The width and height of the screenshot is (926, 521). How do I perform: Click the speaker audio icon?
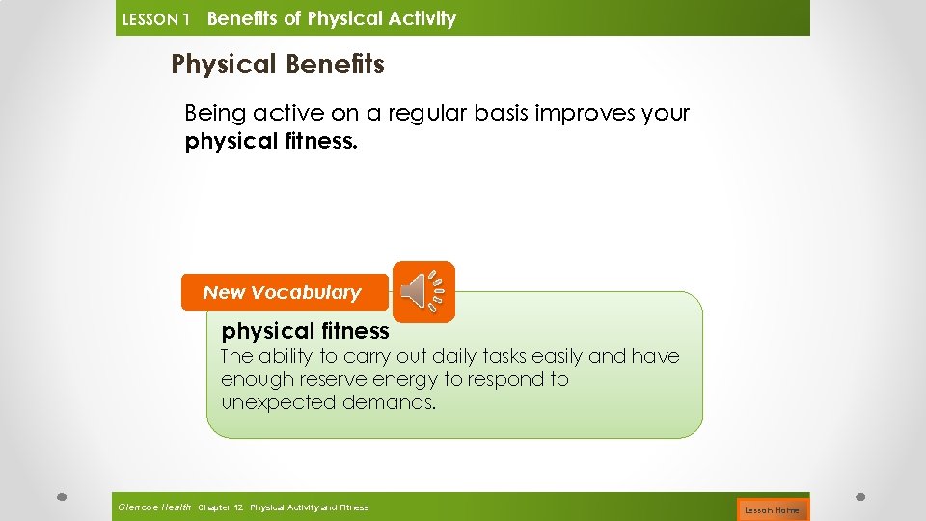pos(423,291)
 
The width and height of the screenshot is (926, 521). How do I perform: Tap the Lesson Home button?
pos(772,509)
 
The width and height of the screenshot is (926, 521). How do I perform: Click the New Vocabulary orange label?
pos(283,292)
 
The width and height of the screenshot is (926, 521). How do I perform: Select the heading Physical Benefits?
pos(278,65)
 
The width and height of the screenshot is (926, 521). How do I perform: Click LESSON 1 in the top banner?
pos(155,19)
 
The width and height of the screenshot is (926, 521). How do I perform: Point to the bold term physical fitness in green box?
pos(305,331)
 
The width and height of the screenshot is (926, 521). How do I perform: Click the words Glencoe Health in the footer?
pos(153,507)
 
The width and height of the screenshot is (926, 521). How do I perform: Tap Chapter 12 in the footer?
pos(220,507)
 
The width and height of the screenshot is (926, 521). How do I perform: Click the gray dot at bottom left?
pos(61,498)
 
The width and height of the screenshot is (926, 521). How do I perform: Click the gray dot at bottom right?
pos(860,498)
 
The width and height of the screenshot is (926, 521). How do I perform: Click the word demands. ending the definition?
pos(390,402)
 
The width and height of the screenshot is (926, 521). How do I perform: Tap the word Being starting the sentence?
pos(215,113)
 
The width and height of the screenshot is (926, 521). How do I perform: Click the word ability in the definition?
pos(286,356)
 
